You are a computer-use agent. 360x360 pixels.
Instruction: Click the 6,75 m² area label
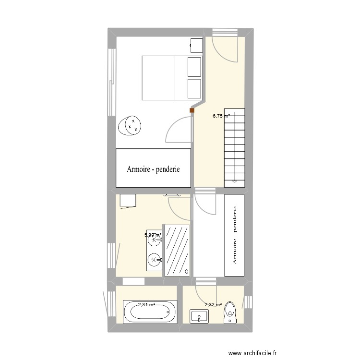(x=221, y=116)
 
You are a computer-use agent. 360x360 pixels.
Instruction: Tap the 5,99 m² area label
(x=153, y=235)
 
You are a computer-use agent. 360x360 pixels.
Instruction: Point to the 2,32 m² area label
(x=213, y=304)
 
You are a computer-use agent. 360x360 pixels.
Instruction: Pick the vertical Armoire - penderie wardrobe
(x=235, y=235)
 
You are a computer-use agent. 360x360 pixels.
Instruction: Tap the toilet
(x=231, y=311)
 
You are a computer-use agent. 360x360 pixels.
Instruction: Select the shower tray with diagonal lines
(x=177, y=250)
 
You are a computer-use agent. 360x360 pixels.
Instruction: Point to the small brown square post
(x=192, y=111)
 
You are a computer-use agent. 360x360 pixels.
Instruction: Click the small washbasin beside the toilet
(x=199, y=316)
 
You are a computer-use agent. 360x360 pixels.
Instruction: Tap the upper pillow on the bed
(x=194, y=67)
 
